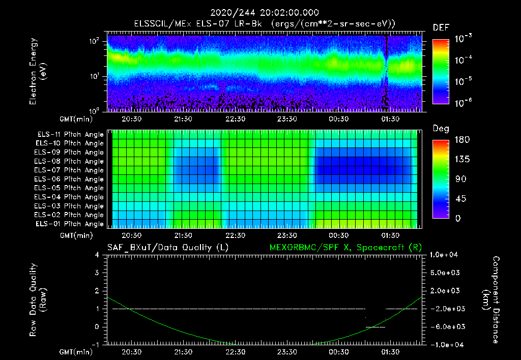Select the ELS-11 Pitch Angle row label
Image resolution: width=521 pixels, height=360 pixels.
(x=70, y=135)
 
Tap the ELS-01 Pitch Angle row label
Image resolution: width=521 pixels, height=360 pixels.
(x=70, y=224)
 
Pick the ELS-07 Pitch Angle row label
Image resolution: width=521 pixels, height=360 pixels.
(x=70, y=170)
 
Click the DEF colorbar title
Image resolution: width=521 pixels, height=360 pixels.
(x=441, y=27)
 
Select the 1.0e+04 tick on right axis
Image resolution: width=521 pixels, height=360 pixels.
(x=446, y=255)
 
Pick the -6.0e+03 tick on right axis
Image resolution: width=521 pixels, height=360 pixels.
(x=446, y=326)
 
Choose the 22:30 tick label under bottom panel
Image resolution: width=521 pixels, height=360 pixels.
(x=236, y=351)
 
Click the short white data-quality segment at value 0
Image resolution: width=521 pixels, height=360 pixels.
(x=375, y=327)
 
